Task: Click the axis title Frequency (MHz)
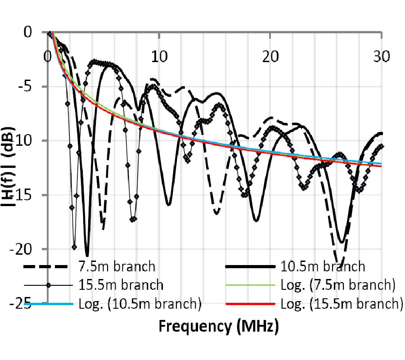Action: pos(218,326)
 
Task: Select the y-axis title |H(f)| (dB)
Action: pos(10,166)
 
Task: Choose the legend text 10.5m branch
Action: pos(323,266)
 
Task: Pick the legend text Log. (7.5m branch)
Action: pos(337,285)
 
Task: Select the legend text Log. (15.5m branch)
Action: pos(340,304)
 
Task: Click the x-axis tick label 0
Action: pos(48,58)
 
